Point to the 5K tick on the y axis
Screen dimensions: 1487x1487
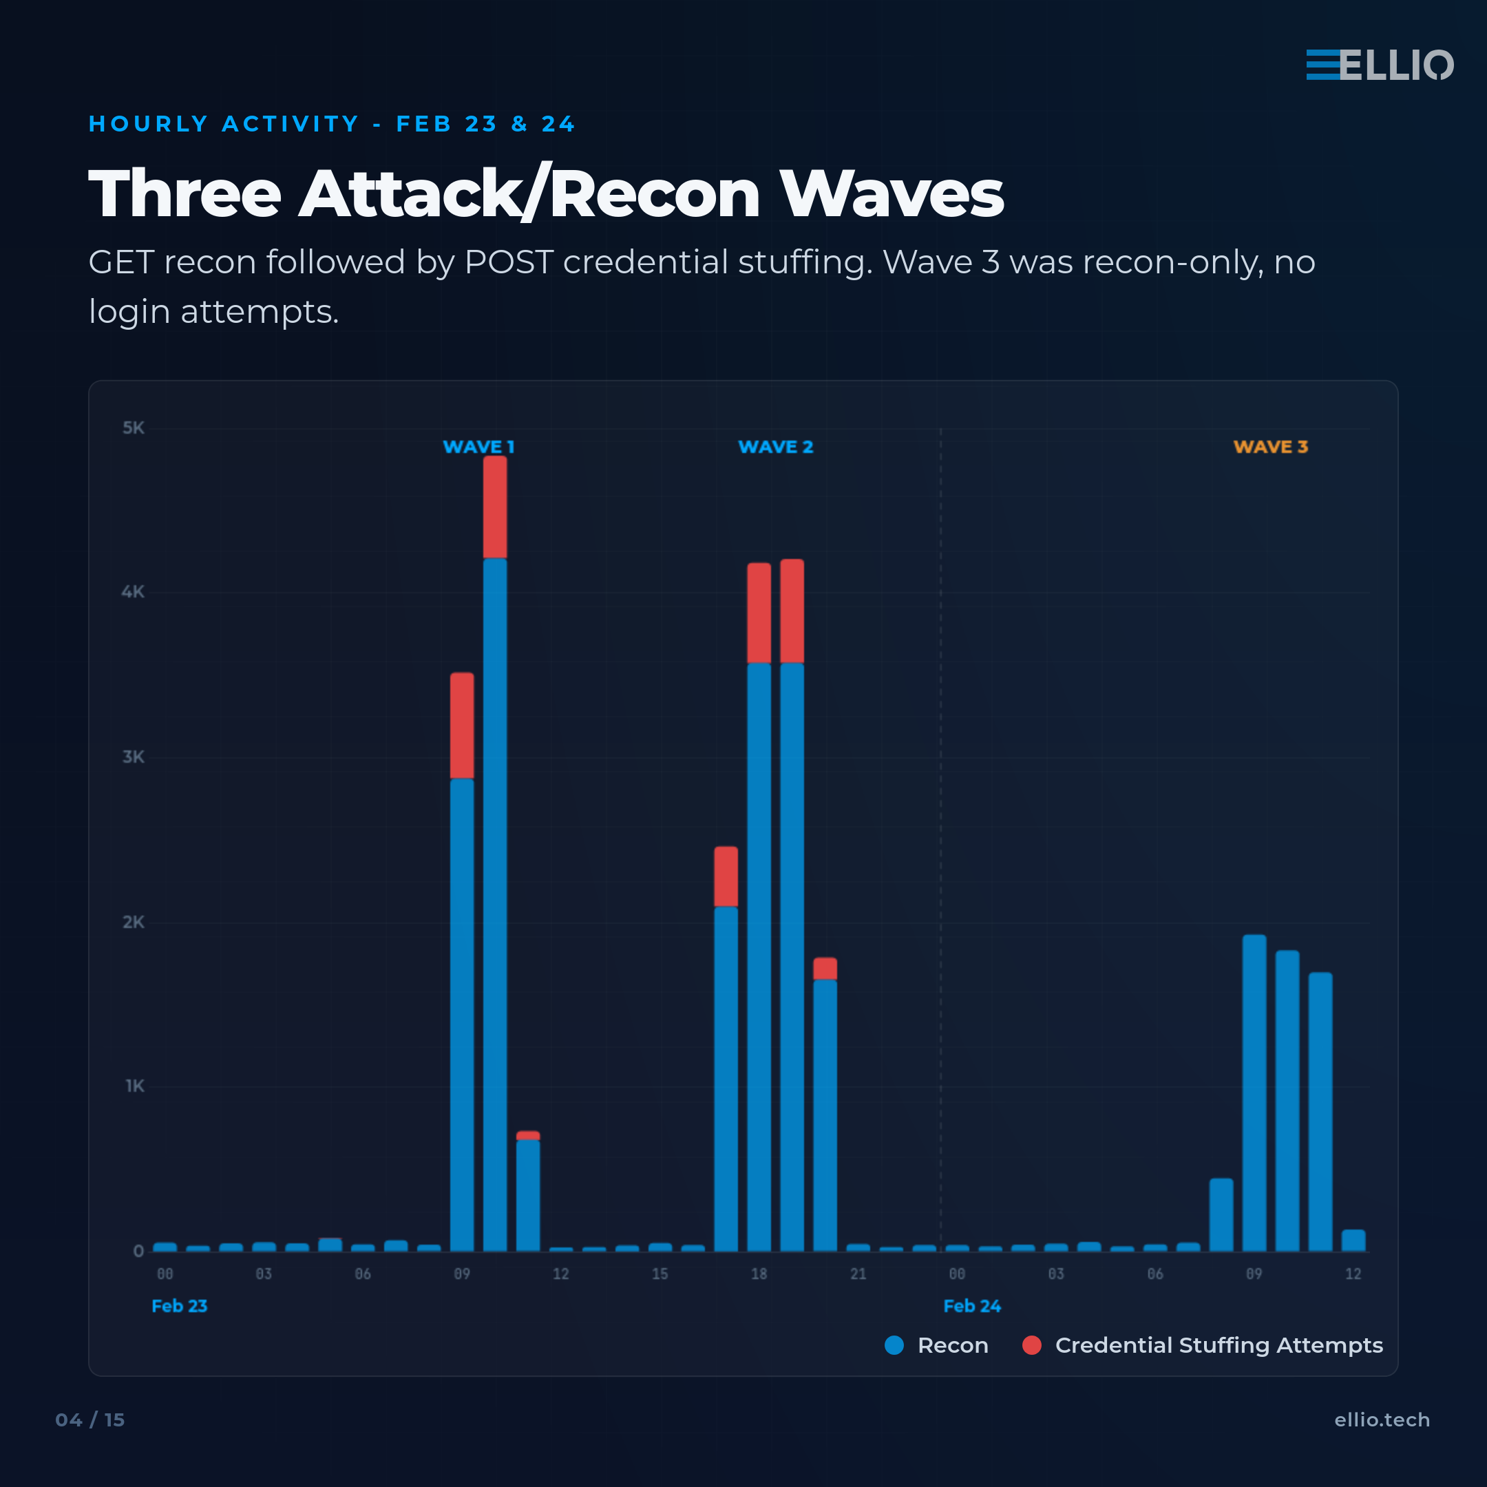click(x=133, y=428)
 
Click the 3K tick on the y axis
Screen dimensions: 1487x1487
click(x=133, y=757)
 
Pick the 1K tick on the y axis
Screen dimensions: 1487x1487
click(x=135, y=1086)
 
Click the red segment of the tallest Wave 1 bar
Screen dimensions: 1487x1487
click(x=495, y=507)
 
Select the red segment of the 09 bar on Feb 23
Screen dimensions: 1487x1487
click(x=462, y=725)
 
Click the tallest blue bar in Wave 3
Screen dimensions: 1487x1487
click(x=1254, y=1093)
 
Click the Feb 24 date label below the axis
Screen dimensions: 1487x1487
click(x=971, y=1306)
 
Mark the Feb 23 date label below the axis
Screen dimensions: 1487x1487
click(x=179, y=1306)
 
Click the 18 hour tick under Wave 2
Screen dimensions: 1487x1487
click(x=759, y=1274)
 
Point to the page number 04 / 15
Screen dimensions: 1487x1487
click(x=90, y=1420)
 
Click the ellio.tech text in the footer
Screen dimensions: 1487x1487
click(x=1382, y=1420)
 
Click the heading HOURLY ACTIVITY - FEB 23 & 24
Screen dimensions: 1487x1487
click(x=332, y=124)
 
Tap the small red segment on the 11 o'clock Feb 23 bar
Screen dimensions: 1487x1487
click(x=528, y=1135)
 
